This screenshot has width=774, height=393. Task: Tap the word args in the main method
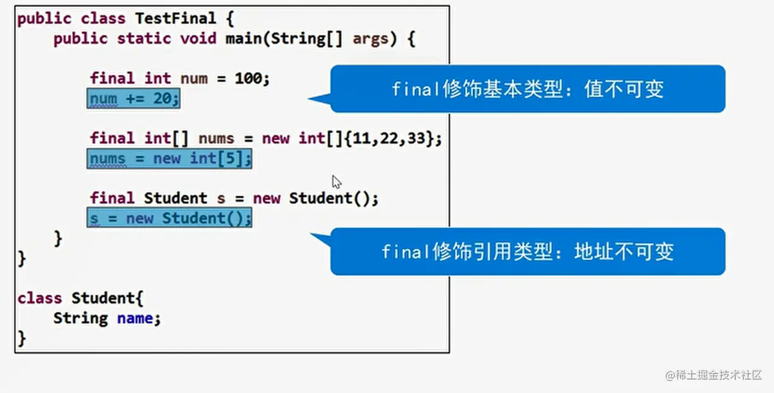(371, 39)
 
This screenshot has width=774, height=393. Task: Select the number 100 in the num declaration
(247, 78)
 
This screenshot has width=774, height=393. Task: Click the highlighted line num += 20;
(134, 98)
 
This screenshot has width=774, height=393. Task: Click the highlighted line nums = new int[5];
(169, 158)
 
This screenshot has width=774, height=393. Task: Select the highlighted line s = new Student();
(169, 218)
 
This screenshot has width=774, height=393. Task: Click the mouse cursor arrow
(336, 181)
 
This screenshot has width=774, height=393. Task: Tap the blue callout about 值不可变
(527, 89)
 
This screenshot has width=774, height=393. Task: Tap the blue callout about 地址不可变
(527, 252)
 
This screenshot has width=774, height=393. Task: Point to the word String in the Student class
(80, 318)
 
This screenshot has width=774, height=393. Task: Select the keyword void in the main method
(198, 39)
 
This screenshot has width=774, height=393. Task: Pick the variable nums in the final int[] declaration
(216, 138)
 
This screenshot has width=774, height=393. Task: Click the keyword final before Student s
(112, 198)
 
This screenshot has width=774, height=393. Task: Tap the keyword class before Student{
(40, 298)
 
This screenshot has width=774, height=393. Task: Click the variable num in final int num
(193, 78)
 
